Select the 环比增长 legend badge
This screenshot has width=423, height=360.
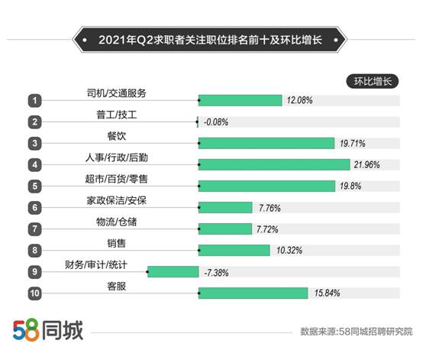372,81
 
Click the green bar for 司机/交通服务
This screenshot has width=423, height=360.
240,100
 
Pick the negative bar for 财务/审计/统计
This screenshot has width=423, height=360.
173,271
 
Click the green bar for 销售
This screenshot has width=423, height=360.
234,250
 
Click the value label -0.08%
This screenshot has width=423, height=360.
215,122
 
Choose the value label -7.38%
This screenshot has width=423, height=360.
215,271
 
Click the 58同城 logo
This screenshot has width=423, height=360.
47,330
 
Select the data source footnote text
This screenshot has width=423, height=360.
356,332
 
